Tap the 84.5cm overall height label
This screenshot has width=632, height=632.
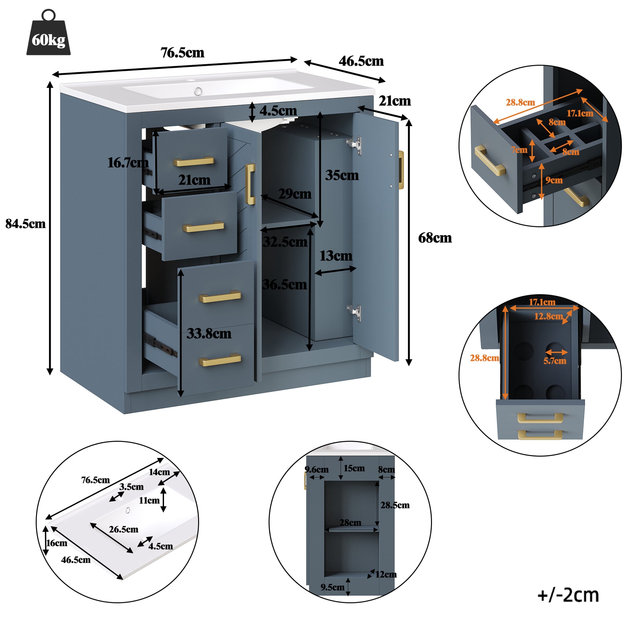(x=26, y=224)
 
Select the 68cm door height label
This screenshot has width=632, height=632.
(x=435, y=238)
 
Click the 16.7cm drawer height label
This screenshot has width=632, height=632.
(x=128, y=163)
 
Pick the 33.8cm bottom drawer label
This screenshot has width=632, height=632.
(x=209, y=334)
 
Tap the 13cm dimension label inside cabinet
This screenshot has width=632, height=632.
(x=336, y=256)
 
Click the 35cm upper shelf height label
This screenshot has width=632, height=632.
(x=342, y=175)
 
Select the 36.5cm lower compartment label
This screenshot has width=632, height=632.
(x=284, y=284)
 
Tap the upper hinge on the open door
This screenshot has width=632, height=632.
(x=355, y=145)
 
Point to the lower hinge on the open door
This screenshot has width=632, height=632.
(x=355, y=312)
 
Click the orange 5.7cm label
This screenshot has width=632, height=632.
(x=555, y=361)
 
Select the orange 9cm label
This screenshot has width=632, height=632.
(x=554, y=180)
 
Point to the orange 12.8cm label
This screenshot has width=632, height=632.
(x=549, y=316)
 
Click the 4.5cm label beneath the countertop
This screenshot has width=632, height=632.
(x=278, y=111)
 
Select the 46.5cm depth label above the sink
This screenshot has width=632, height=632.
(x=361, y=61)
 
